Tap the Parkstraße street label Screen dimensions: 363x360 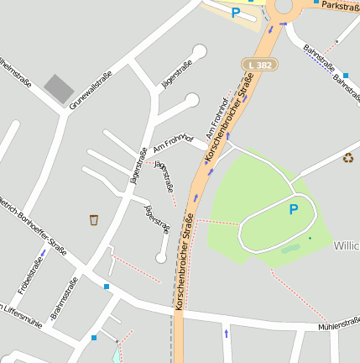coord(340,6)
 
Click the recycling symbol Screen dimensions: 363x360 coord(348,157)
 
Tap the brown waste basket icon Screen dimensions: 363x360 coord(94,219)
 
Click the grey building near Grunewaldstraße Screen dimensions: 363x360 coord(59,88)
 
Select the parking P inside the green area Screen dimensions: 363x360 coord(293,209)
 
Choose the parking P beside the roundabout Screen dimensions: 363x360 coord(236,13)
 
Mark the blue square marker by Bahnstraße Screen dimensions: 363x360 coord(345,75)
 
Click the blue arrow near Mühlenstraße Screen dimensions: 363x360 coord(226,334)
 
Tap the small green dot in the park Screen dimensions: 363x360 coord(309,238)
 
